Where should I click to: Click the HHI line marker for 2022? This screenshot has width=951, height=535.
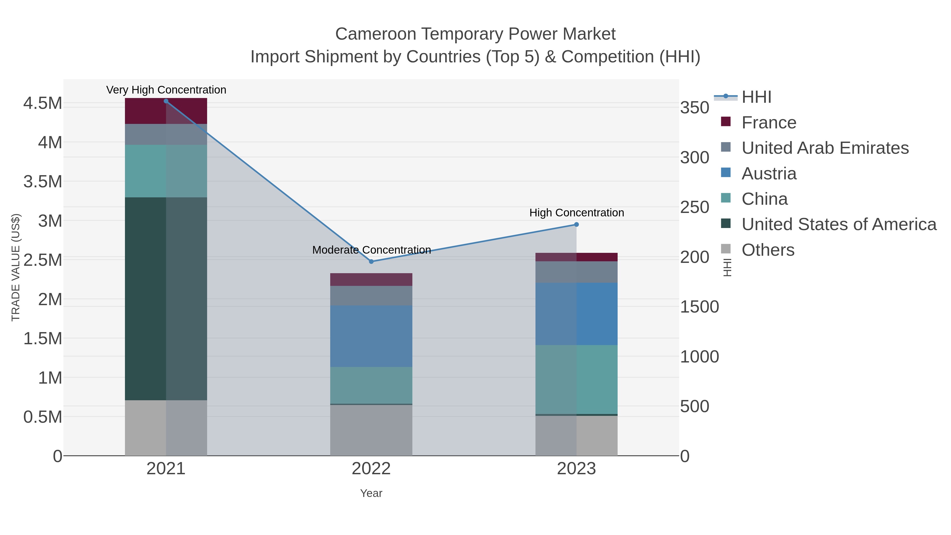[x=371, y=261]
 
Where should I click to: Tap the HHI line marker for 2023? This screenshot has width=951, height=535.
[x=576, y=225]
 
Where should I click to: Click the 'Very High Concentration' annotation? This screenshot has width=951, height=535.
[x=166, y=90]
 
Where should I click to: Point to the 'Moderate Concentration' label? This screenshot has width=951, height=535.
[x=371, y=250]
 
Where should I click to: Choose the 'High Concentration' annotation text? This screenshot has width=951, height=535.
[x=577, y=213]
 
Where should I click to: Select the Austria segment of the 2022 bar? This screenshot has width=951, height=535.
[x=371, y=336]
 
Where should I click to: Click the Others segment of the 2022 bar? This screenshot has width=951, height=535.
[x=371, y=430]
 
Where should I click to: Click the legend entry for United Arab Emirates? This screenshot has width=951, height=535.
[x=825, y=148]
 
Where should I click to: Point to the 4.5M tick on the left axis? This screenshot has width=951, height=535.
[x=43, y=103]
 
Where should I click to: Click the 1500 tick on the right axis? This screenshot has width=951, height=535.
[x=699, y=307]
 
